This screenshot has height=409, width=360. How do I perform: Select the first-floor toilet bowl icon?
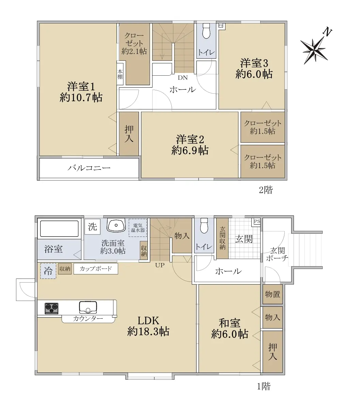pyautogui.click(x=204, y=226)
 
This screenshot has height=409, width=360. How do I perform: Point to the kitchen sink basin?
pyautogui.click(x=88, y=307)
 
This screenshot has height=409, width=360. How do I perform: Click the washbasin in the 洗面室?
pyautogui.click(x=116, y=225)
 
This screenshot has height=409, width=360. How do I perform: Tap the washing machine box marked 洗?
pyautogui.click(x=92, y=227)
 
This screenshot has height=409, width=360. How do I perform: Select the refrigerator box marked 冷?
pyautogui.click(x=48, y=271)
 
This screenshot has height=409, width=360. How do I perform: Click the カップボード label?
pyautogui.click(x=96, y=269)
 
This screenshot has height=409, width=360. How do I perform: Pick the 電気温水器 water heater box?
pyautogui.click(x=138, y=228)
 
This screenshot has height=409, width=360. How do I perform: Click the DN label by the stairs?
pyautogui.click(x=183, y=78)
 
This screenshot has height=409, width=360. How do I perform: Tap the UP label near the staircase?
pyautogui.click(x=160, y=265)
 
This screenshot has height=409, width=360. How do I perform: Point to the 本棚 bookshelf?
pyautogui.click(x=120, y=74)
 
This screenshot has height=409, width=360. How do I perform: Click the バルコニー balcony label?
pyautogui.click(x=89, y=168)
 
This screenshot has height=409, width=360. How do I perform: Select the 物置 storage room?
pyautogui.click(x=272, y=294)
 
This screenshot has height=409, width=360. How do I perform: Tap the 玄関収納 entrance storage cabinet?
pyautogui.click(x=222, y=238)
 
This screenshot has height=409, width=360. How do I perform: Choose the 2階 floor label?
pyautogui.click(x=266, y=190)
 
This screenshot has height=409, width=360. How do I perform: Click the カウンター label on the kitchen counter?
pyautogui.click(x=88, y=319)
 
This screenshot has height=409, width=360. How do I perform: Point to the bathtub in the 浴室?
pyautogui.click(x=59, y=228)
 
